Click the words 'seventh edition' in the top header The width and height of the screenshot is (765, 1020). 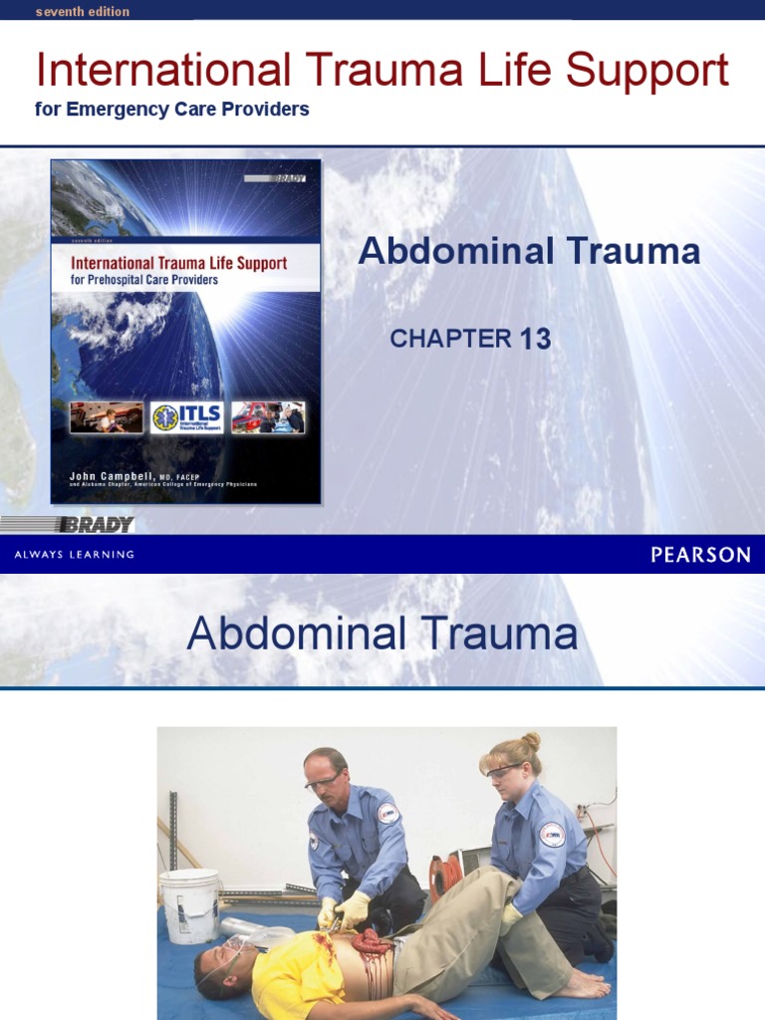point(83,12)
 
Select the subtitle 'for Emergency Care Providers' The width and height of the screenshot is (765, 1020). point(171,110)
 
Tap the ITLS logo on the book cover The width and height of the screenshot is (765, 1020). point(186,417)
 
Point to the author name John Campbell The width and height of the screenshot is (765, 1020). point(107,476)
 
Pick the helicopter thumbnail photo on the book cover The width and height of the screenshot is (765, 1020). point(268,417)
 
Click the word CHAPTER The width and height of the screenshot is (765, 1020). point(450,339)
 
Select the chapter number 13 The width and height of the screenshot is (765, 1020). point(535,340)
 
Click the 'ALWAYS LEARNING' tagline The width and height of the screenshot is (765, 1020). point(74,555)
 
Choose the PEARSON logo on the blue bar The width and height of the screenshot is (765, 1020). point(700,555)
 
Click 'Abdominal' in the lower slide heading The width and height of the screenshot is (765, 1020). point(297,635)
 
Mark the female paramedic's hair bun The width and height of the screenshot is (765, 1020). point(530,742)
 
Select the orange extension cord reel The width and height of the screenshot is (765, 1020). point(446,875)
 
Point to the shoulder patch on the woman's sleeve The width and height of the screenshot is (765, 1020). point(552,834)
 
